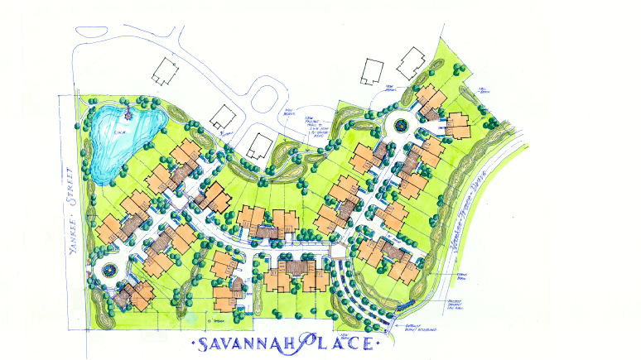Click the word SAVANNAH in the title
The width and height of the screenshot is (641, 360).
[240, 341]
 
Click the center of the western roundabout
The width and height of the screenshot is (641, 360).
[108, 270]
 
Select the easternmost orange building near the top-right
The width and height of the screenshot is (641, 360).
[458, 124]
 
